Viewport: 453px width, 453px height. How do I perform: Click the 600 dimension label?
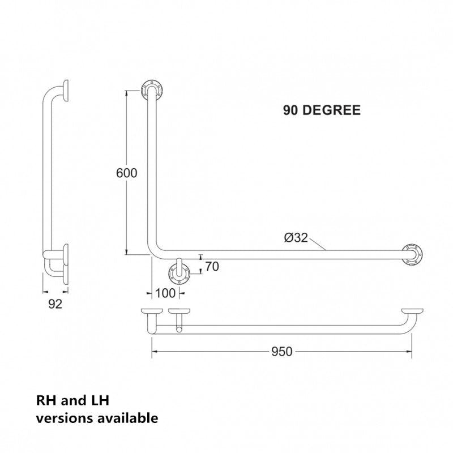tap(126, 173)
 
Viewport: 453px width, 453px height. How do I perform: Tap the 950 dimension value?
tap(281, 352)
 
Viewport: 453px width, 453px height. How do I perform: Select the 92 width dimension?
tap(55, 304)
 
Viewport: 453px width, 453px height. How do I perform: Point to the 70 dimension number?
tap(212, 267)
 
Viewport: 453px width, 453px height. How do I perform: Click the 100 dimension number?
tap(165, 293)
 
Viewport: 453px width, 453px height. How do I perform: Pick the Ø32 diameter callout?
tap(296, 238)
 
